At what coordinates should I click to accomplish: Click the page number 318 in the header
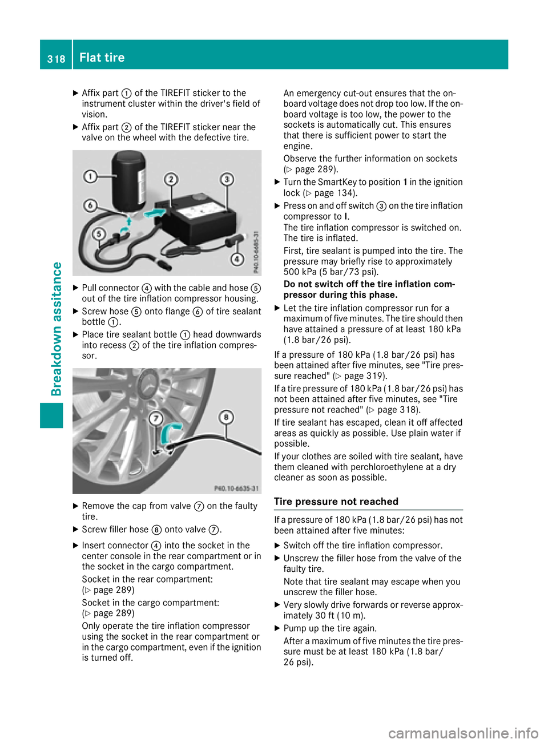[x=56, y=59]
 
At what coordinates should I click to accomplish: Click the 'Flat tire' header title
[x=102, y=58]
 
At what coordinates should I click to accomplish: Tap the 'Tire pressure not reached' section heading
[x=336, y=502]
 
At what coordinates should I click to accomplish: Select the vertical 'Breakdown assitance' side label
[x=56, y=329]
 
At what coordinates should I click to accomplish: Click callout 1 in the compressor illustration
[x=90, y=176]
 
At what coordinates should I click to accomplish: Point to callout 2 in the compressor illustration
[x=171, y=180]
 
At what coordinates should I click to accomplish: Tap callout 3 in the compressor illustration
[x=227, y=179]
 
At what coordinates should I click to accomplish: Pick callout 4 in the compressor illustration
[x=237, y=260]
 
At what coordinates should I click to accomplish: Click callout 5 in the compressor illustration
[x=99, y=234]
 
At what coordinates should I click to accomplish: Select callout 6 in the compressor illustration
[x=90, y=205]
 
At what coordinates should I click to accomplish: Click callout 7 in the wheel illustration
[x=155, y=419]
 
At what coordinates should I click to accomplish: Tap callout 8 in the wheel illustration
[x=226, y=417]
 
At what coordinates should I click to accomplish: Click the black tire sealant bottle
[x=129, y=179]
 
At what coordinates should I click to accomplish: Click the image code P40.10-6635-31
[x=236, y=488]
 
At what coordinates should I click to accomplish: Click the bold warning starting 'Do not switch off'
[x=369, y=289]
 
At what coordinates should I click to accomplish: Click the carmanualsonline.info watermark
[x=463, y=732]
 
